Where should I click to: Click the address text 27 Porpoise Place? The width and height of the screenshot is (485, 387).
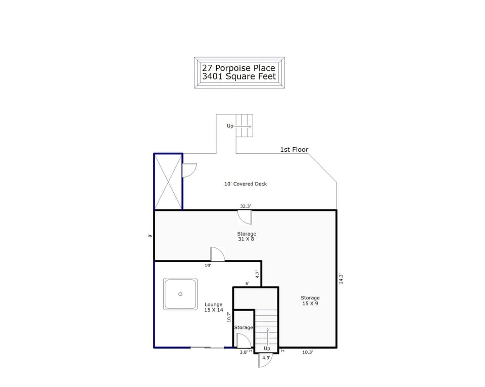(x=239, y=68)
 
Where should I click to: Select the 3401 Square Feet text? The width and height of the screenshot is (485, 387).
(x=239, y=77)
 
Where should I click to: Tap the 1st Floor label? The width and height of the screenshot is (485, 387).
(x=294, y=150)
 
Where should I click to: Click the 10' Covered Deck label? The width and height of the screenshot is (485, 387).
(x=246, y=184)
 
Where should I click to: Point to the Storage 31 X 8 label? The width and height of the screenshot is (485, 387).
(x=247, y=236)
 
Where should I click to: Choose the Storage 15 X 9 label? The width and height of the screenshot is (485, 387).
(x=310, y=300)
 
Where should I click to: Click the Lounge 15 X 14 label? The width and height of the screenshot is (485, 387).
(x=214, y=307)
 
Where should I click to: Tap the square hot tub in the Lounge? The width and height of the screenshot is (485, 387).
(x=180, y=294)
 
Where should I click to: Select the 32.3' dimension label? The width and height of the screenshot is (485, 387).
(x=246, y=206)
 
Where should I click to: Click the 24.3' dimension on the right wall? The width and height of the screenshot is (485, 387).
(x=341, y=279)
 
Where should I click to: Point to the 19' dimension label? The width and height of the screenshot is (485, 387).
(x=208, y=265)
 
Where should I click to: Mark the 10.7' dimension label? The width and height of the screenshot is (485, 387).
(x=229, y=317)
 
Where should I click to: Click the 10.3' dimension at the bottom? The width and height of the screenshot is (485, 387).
(x=307, y=352)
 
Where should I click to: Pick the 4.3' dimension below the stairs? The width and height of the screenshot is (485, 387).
(x=267, y=358)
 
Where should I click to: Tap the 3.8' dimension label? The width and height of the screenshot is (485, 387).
(x=244, y=352)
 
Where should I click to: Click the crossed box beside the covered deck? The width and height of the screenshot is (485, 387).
(x=168, y=182)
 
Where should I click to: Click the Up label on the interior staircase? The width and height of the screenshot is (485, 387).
(x=267, y=349)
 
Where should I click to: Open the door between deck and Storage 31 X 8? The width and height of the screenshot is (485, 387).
(x=245, y=217)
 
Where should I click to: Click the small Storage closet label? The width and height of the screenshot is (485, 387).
(x=243, y=328)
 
